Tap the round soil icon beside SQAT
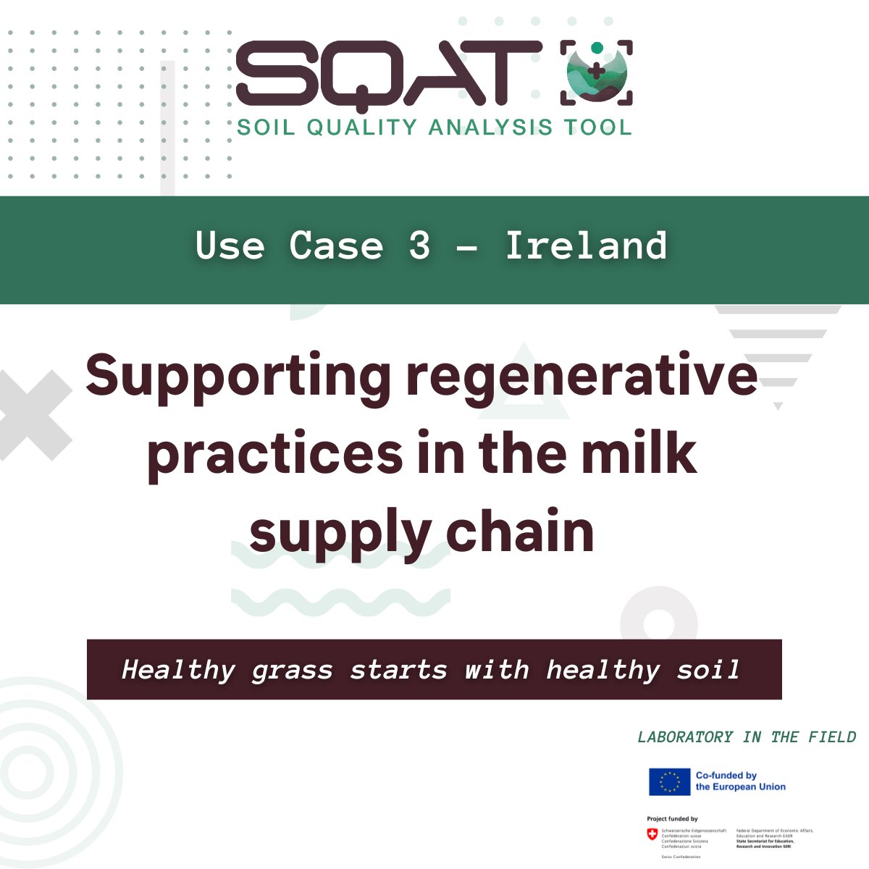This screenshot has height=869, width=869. click(596, 72)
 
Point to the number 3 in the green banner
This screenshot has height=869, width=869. click(419, 245)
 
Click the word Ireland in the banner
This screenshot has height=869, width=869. click(586, 245)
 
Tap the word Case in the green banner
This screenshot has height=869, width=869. click(336, 245)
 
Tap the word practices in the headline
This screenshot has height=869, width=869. click(274, 455)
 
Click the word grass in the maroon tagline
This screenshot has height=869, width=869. click(293, 670)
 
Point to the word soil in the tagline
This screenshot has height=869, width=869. click(708, 670)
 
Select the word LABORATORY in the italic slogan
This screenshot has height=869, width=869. click(685, 737)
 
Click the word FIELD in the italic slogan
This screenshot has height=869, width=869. click(831, 737)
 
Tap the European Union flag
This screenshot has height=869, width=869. click(669, 781)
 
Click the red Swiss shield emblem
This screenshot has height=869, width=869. click(652, 835)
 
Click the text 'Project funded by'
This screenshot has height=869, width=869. click(672, 819)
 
